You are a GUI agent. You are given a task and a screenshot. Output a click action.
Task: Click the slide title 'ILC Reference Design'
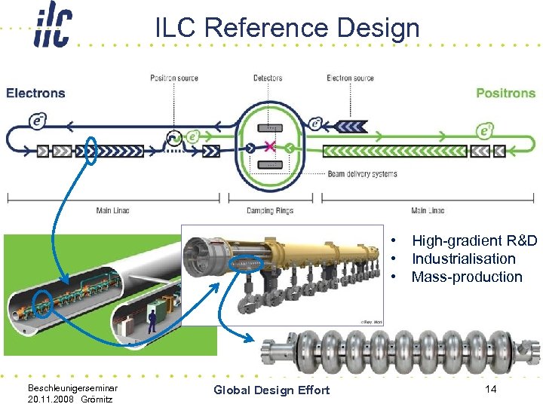[x=287, y=28]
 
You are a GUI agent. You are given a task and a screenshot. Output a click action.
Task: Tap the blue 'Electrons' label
[x=35, y=93]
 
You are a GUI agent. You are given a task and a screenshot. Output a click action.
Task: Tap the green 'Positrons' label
[x=505, y=93]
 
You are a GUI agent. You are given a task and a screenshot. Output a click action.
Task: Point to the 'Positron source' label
[x=174, y=78]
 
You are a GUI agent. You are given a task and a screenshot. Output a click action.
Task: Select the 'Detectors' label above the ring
[x=268, y=78]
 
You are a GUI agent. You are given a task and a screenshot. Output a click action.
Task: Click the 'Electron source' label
[x=350, y=78]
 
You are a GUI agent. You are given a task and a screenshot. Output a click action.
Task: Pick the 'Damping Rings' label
[x=270, y=210]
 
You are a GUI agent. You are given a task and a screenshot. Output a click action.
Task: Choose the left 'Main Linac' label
[x=113, y=210]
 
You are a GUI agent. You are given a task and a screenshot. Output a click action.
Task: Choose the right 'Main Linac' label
[x=428, y=210]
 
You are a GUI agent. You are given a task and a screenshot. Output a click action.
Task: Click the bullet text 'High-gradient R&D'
[x=474, y=241]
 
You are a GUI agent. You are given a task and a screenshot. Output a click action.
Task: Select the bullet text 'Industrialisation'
[x=463, y=259]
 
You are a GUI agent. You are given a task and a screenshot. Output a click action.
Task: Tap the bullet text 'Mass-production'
[x=466, y=277]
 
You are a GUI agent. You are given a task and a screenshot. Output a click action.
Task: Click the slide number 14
[x=490, y=389]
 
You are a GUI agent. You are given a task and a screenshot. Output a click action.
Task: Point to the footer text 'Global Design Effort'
[x=271, y=390]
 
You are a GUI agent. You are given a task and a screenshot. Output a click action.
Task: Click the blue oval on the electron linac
[x=90, y=151]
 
